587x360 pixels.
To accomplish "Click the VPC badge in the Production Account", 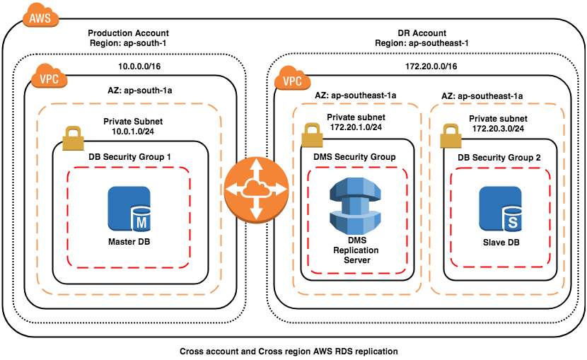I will point(47,77).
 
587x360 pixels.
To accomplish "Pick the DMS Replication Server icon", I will point(353,206).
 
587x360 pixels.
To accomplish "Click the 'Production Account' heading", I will point(128,33).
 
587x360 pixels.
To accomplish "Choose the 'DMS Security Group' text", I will point(354,156).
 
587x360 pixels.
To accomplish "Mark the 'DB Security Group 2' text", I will point(499,156).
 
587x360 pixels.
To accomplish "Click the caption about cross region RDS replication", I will point(289,351).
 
